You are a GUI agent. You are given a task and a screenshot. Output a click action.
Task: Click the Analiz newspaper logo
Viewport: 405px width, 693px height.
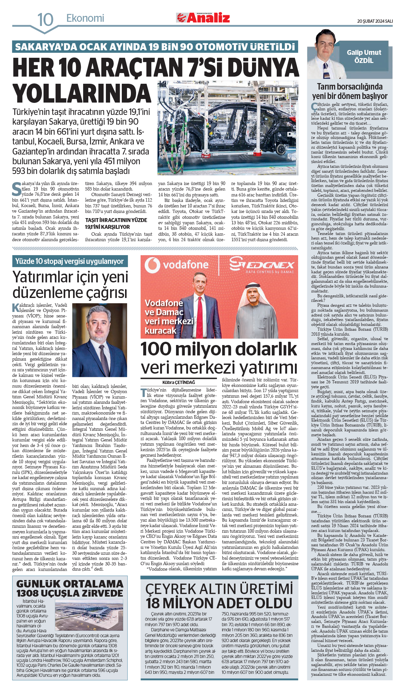(203, 18)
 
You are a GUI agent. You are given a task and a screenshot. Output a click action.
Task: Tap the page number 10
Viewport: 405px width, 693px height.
(45, 19)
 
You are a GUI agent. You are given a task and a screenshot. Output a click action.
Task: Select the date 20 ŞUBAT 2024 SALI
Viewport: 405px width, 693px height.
(375, 21)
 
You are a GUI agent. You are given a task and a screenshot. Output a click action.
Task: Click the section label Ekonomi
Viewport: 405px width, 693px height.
(85, 18)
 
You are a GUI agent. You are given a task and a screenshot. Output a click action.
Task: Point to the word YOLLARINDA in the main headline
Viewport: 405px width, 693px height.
(82, 93)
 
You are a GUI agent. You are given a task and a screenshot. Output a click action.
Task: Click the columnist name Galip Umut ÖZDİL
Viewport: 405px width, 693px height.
(364, 56)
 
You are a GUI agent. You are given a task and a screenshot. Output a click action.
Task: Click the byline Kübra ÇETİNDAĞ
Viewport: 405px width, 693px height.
(179, 382)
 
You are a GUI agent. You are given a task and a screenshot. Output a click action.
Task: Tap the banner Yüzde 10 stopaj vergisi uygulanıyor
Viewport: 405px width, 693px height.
(70, 261)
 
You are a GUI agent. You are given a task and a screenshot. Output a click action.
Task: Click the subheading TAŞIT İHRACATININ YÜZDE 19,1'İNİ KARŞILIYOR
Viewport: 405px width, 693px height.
(116, 223)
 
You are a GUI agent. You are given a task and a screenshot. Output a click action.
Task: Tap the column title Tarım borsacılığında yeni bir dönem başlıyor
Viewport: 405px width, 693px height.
(349, 91)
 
